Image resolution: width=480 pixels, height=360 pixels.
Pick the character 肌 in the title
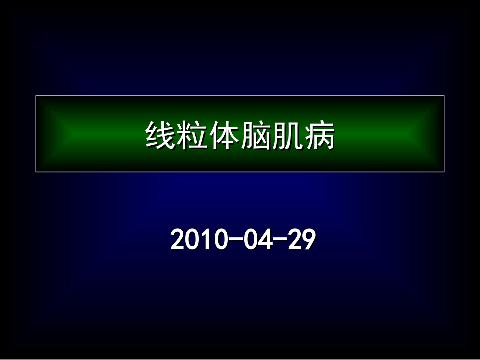click(287, 135)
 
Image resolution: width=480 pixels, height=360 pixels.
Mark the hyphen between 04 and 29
click(279, 240)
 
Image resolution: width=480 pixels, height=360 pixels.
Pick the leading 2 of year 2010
click(177, 240)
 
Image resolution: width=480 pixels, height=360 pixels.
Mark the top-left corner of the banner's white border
click(36, 96)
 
